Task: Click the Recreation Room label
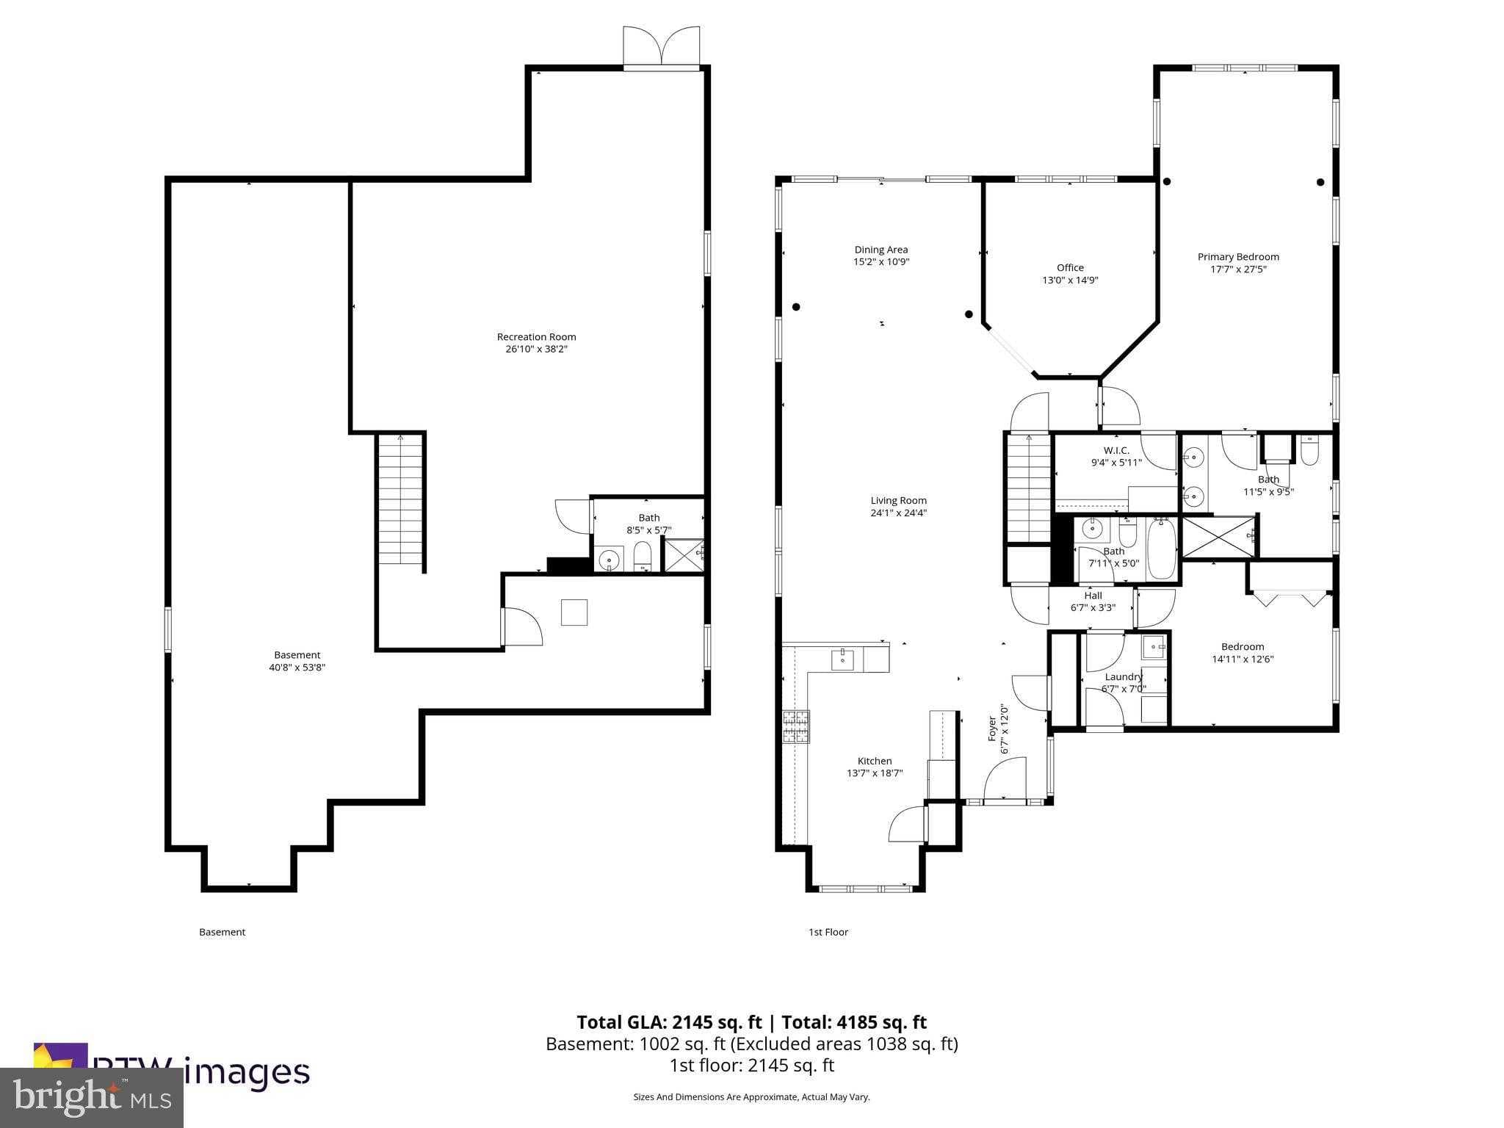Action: point(536,337)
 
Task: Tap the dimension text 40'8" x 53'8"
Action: point(297,668)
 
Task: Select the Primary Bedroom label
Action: point(1238,257)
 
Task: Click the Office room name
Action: point(1070,268)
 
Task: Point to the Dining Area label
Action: point(881,250)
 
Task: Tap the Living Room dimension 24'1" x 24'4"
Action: point(898,513)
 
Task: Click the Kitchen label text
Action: point(875,761)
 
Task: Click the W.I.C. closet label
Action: point(1116,450)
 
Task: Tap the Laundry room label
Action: point(1124,676)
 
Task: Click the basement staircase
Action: point(401,499)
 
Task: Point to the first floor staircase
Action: point(1029,488)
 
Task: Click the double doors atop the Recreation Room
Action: point(661,48)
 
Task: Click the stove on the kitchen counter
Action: point(795,726)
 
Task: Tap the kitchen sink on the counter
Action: point(842,659)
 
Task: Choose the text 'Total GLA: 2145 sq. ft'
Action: point(668,1022)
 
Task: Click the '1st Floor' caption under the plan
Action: point(828,932)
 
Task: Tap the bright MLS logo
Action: point(92,1097)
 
